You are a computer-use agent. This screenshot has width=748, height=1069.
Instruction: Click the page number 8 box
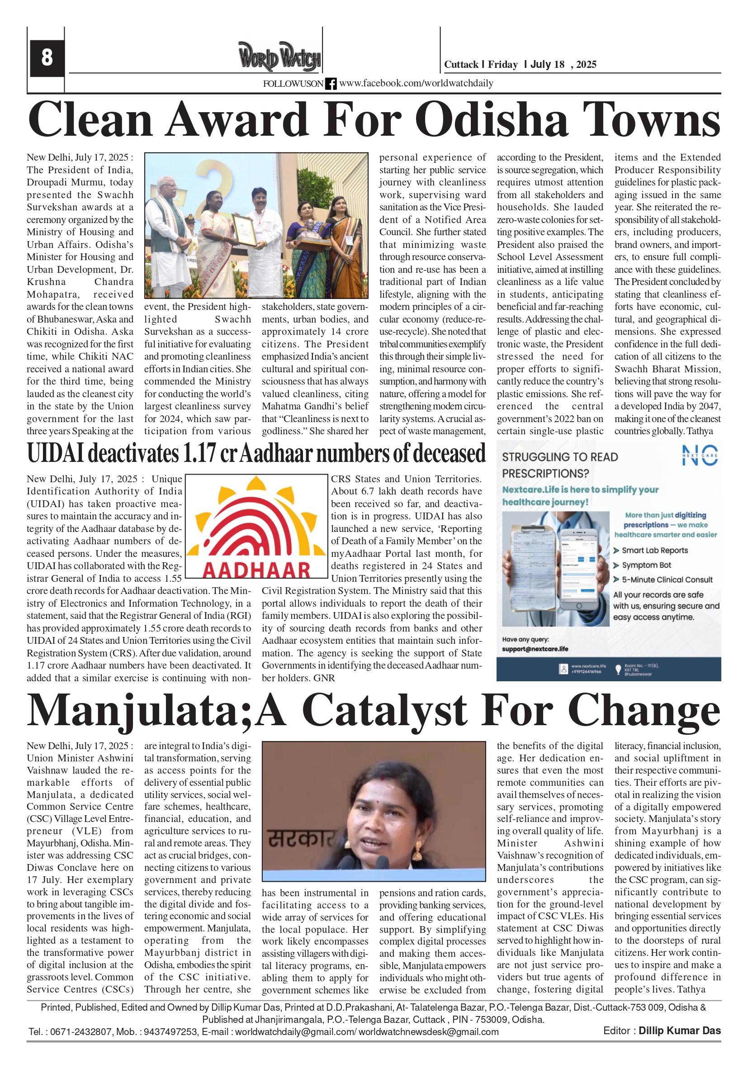pyautogui.click(x=47, y=58)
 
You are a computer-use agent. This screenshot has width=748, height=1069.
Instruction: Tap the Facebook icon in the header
pyautogui.click(x=331, y=84)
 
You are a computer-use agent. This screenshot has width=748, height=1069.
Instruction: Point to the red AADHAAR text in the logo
pyautogui.click(x=256, y=570)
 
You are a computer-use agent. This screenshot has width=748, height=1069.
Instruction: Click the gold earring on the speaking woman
pyautogui.click(x=417, y=850)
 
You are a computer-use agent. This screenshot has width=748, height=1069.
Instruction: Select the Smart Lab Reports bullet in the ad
pyautogui.click(x=654, y=550)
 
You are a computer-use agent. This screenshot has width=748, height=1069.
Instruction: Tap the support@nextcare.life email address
pyautogui.click(x=535, y=649)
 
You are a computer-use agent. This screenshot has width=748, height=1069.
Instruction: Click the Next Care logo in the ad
pyautogui.click(x=699, y=456)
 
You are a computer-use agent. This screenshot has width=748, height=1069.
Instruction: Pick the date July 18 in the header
pyautogui.click(x=547, y=64)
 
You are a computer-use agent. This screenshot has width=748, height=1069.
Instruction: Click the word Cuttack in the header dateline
pyautogui.click(x=461, y=64)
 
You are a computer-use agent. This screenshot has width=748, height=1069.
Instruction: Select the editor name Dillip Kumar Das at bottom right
pyautogui.click(x=679, y=1031)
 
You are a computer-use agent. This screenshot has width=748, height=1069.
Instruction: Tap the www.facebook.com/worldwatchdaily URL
pyautogui.click(x=416, y=83)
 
